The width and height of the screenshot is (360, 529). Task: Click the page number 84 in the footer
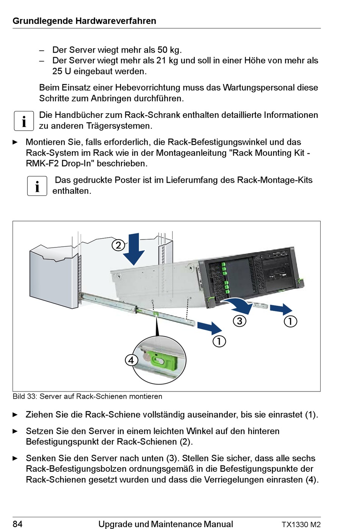point(17,524)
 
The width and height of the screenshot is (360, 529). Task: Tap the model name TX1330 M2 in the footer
point(301,524)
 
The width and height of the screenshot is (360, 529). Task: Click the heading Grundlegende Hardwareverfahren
point(84,21)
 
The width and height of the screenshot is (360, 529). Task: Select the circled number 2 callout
point(118,245)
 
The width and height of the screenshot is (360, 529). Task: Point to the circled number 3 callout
point(239,321)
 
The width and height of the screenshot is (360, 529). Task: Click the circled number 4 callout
point(131,360)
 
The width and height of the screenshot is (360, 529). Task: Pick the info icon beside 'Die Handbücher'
point(24,121)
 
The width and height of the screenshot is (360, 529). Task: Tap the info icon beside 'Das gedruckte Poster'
point(37,186)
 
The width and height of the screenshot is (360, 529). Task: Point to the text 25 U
point(61,71)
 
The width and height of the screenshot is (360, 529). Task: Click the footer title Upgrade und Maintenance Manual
point(166,524)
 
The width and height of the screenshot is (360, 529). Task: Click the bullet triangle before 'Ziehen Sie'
point(15,415)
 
